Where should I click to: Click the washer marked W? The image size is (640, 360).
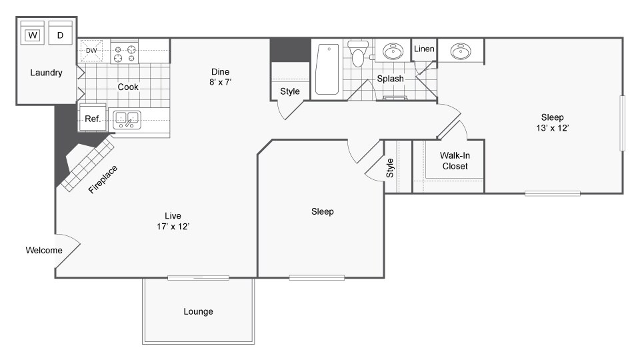click(x=32, y=33)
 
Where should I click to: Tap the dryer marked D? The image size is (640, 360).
click(x=61, y=33)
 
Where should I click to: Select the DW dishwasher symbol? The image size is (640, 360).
click(x=91, y=51)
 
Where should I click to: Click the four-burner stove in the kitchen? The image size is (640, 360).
click(x=125, y=52)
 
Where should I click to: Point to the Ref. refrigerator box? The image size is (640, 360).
click(x=93, y=119)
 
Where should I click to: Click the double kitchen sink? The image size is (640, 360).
click(x=127, y=119)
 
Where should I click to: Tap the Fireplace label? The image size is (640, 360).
click(x=103, y=179)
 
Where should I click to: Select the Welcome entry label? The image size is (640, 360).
click(x=44, y=250)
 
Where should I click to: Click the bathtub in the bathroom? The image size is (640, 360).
click(x=327, y=69)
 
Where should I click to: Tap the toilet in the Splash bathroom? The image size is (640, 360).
click(x=358, y=53)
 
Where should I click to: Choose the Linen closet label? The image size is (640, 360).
click(x=424, y=49)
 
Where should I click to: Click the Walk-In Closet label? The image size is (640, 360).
click(x=455, y=161)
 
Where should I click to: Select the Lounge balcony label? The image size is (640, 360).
click(x=199, y=311)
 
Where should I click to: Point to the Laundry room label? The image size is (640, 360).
click(x=46, y=73)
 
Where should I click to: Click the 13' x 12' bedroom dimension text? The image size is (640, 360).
click(x=553, y=128)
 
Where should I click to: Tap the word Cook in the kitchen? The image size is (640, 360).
click(x=128, y=87)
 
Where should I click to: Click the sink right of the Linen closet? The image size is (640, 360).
click(x=461, y=51)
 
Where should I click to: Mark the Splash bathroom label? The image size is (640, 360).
click(x=390, y=79)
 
